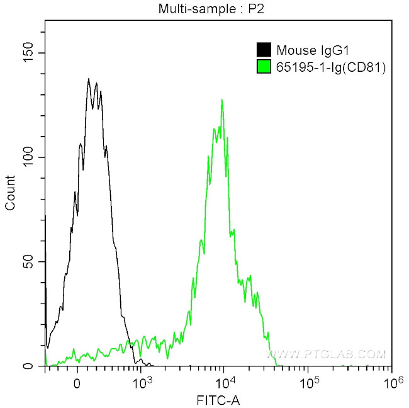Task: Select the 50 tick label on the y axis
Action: [30, 261]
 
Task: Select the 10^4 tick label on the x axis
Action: [225, 380]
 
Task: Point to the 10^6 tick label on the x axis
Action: [391, 380]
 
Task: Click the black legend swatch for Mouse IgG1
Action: [264, 50]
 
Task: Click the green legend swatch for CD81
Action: [264, 65]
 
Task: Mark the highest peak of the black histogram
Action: [89, 79]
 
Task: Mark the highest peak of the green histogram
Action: [221, 99]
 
